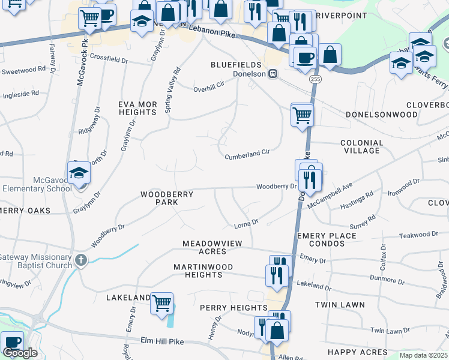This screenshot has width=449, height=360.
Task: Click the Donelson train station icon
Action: (273, 74)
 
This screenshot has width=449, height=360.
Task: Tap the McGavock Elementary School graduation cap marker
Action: (78, 175)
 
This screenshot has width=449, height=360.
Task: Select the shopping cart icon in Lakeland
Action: (162, 303)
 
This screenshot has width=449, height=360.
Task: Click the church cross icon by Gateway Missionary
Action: (81, 260)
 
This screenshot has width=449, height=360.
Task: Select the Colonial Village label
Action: (361, 146)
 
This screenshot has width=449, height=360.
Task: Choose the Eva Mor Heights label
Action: (137, 108)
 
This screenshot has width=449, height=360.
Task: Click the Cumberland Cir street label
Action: (247, 155)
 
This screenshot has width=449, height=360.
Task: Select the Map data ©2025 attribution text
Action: (423, 355)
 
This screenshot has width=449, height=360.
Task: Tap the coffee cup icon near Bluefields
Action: (305, 58)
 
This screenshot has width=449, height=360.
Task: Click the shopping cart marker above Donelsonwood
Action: (302, 114)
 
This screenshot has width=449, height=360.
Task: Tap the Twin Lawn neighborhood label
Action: (340, 305)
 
